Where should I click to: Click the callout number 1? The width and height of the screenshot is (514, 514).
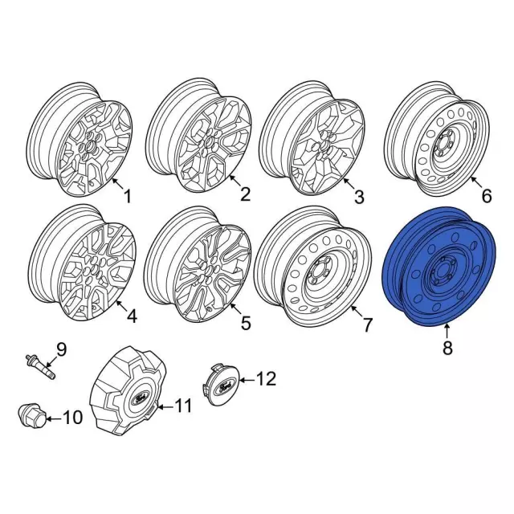[x=125, y=195]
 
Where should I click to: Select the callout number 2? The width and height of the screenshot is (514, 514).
[x=245, y=194]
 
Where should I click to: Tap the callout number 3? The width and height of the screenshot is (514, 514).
[x=359, y=196]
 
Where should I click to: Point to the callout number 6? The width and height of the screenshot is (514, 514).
[x=485, y=195]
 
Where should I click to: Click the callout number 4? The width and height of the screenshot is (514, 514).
[x=131, y=316]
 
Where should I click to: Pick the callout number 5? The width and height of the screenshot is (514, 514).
[x=246, y=324]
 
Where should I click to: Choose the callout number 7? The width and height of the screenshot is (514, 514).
[x=367, y=325]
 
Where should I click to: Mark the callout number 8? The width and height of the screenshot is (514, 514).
[x=447, y=348]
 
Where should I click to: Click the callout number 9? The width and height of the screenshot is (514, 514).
[x=61, y=350]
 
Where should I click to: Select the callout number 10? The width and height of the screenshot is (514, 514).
[x=72, y=417]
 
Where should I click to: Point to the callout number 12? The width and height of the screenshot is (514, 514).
[x=265, y=377]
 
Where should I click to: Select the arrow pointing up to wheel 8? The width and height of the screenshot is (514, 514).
[x=447, y=329]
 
